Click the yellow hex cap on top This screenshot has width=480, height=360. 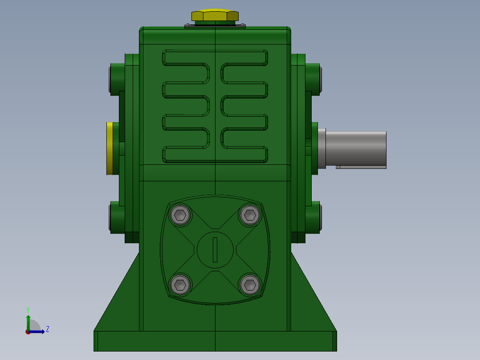pyautogui.click(x=215, y=16)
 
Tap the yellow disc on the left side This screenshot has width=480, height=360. pyautogui.click(x=110, y=149)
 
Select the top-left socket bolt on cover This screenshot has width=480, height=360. pyautogui.click(x=180, y=215)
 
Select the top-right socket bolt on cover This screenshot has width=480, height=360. pyautogui.click(x=250, y=215)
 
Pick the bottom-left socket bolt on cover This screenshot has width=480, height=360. pyautogui.click(x=180, y=285)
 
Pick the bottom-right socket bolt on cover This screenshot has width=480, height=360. pyautogui.click(x=250, y=285)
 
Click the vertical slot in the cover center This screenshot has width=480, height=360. pyautogui.click(x=215, y=250)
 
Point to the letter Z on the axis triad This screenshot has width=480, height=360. pyautogui.click(x=48, y=329)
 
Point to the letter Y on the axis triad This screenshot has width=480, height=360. pyautogui.click(x=28, y=310)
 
